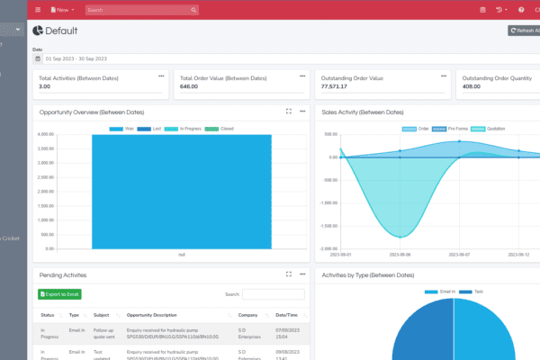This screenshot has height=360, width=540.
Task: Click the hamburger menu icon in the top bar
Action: point(38,10)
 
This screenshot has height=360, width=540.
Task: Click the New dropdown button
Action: point(64,10)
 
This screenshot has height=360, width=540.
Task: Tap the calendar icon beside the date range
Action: point(38,58)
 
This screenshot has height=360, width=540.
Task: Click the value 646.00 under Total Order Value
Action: point(189,86)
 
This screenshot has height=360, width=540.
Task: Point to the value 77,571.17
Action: point(336,86)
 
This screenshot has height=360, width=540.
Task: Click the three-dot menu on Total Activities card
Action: point(162,76)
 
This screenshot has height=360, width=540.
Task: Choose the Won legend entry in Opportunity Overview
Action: point(126,129)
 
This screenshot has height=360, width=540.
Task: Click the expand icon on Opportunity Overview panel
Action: point(289,112)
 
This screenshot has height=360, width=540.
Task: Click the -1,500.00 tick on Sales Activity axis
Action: point(329,226)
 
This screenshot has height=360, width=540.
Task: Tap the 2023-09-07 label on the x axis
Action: point(459,255)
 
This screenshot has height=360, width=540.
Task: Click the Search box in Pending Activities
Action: point(274,294)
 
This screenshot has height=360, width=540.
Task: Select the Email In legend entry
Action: point(448,292)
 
